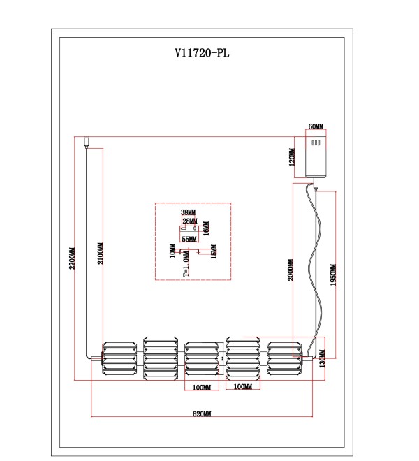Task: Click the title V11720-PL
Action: [x=202, y=53]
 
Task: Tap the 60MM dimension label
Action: [x=316, y=126]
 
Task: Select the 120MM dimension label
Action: [x=292, y=157]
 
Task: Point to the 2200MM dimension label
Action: [x=72, y=258]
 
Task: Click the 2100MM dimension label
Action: [x=101, y=253]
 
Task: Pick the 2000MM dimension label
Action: [x=291, y=270]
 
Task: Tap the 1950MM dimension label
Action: [x=333, y=275]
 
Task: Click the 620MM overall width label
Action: [x=202, y=414]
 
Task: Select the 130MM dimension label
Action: [x=322, y=358]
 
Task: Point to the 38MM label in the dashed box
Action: [x=188, y=212]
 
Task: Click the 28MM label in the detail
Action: [x=190, y=221]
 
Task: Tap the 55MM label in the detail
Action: [x=189, y=240]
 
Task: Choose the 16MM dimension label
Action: [x=207, y=228]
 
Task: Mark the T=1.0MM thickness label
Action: [x=186, y=264]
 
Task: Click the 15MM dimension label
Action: [x=214, y=251]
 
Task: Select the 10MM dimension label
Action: [x=172, y=251]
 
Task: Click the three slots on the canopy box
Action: [x=316, y=143]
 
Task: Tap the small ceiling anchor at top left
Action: [x=87, y=141]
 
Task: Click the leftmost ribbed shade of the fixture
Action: [x=119, y=358]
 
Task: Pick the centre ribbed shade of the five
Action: [x=202, y=358]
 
